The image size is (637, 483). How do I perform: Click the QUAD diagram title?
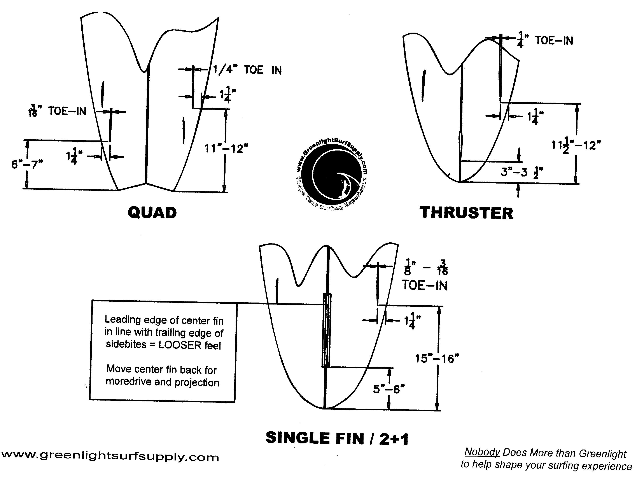152,213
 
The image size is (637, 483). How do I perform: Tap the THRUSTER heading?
467,213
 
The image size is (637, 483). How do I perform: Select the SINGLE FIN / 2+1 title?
337,438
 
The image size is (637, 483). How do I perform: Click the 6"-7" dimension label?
27,164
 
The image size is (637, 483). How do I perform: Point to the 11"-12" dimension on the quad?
226,149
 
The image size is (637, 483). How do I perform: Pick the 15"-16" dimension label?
437,359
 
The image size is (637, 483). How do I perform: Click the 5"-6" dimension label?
389,389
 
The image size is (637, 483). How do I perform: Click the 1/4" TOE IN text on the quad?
247,70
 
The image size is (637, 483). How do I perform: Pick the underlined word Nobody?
482,452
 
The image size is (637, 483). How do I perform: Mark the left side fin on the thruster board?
423,86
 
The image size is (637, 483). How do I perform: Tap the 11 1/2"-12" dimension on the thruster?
576,145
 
